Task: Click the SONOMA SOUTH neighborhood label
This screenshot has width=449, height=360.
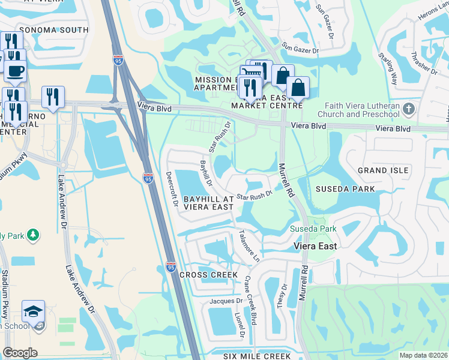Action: point(53,29)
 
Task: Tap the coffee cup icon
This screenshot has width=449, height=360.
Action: point(16,70)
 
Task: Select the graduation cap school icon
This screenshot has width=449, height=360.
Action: point(33,311)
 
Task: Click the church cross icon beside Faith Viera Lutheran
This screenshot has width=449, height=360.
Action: point(409,109)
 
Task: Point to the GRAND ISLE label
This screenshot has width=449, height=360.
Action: point(383,170)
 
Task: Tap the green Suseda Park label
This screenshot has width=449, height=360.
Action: point(313,229)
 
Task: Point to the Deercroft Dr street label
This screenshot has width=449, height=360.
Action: point(172,190)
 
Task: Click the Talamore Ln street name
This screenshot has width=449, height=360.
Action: point(249,245)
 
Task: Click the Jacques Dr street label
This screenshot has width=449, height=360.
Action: point(226,301)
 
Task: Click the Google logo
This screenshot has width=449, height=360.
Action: point(20,353)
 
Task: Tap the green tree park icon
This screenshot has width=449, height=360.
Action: point(33,235)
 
